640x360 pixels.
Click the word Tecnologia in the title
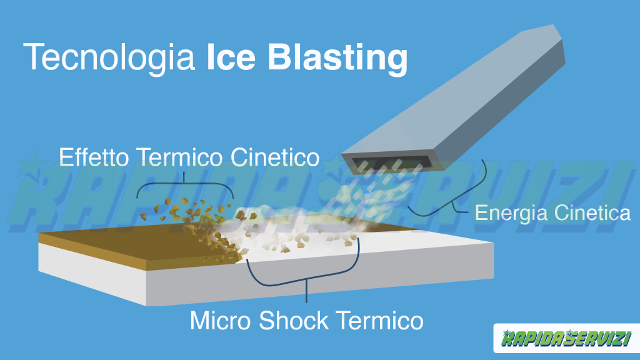109,58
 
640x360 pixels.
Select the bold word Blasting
337,58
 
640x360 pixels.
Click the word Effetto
94,157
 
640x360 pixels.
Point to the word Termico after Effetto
179,157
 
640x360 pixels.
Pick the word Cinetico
275,157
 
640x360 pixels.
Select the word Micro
221,321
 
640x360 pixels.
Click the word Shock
294,321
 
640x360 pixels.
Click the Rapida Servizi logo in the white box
566,338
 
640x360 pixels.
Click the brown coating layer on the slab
135,247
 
